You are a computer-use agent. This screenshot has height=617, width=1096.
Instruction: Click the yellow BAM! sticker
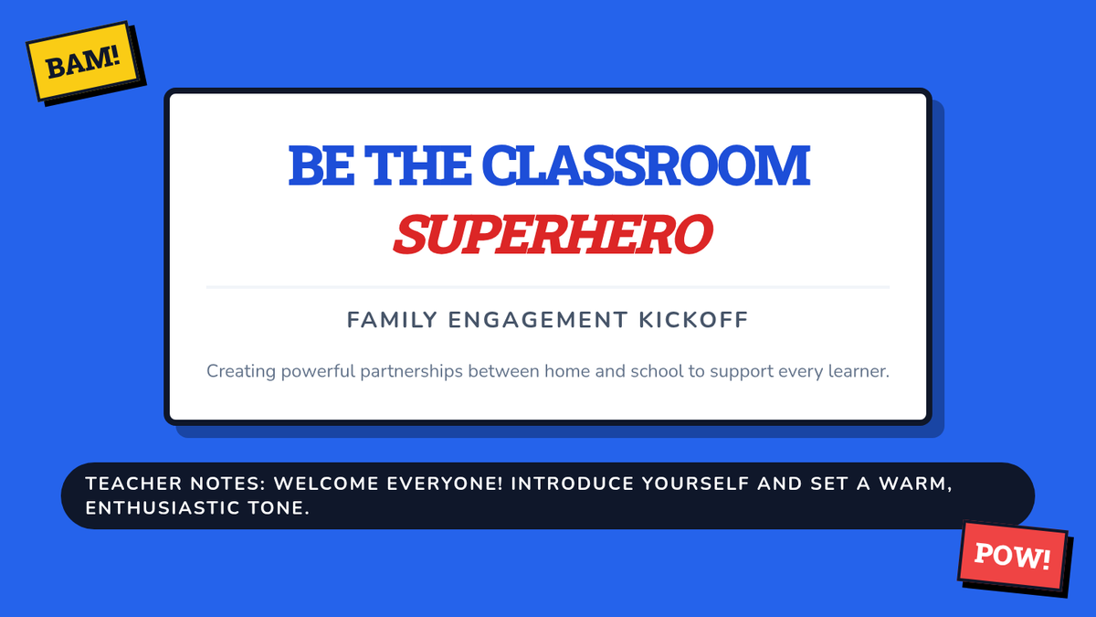83,61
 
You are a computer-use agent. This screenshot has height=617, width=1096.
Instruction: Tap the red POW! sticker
1012,557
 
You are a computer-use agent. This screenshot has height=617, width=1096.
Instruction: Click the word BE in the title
321,165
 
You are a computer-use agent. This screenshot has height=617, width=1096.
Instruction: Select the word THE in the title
418,165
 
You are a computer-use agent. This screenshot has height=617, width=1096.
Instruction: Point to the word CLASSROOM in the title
646,165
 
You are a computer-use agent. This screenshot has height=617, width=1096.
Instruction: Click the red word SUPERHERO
553,234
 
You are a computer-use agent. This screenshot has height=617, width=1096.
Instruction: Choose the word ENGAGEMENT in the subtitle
538,320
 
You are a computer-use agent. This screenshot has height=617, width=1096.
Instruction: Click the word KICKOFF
694,320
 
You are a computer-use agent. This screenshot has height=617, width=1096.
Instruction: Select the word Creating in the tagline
241,372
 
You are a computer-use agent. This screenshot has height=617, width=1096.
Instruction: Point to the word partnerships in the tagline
411,372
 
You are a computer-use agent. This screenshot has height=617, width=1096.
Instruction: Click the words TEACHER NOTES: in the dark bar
175,484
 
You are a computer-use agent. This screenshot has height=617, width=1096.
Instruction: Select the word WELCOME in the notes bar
326,484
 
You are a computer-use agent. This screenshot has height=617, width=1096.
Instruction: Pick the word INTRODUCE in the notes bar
572,484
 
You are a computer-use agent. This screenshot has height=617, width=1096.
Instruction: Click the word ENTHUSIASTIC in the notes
162,508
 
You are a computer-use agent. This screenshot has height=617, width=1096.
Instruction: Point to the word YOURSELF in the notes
695,484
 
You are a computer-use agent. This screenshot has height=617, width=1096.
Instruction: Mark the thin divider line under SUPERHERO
547,287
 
